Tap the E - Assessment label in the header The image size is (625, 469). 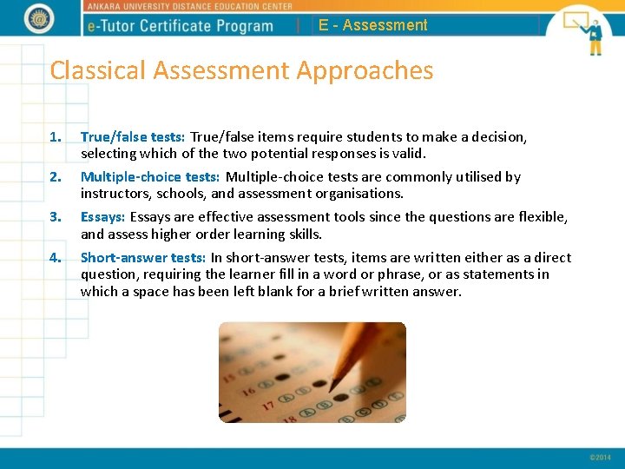coord(373,25)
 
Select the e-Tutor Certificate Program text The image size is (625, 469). coord(181,25)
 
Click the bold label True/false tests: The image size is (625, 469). coord(133,136)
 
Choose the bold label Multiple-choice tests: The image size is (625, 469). coord(150,176)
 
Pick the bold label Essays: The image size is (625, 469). coord(103,216)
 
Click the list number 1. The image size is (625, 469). coord(56,136)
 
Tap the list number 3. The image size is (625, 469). coord(56,216)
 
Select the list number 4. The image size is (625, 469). coord(56,257)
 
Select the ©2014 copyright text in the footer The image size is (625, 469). coord(600,457)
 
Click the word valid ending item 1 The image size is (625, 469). coord(407,153)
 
